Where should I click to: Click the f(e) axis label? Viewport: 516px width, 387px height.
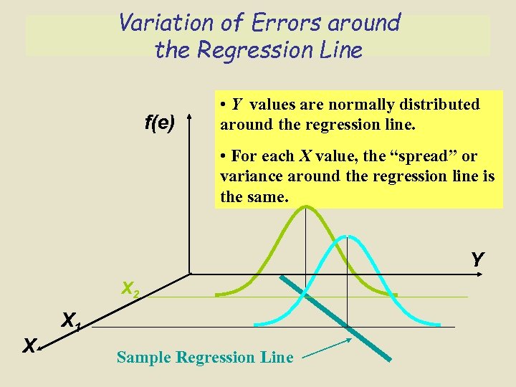click(159, 123)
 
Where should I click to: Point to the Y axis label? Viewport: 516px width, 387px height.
click(477, 259)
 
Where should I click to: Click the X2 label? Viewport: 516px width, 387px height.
click(130, 290)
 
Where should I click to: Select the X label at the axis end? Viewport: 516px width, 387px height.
click(29, 346)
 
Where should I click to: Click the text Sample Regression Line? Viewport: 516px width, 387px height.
click(205, 357)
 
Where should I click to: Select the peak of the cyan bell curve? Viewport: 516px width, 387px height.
click(347, 236)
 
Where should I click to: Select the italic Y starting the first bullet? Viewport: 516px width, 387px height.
click(236, 105)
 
